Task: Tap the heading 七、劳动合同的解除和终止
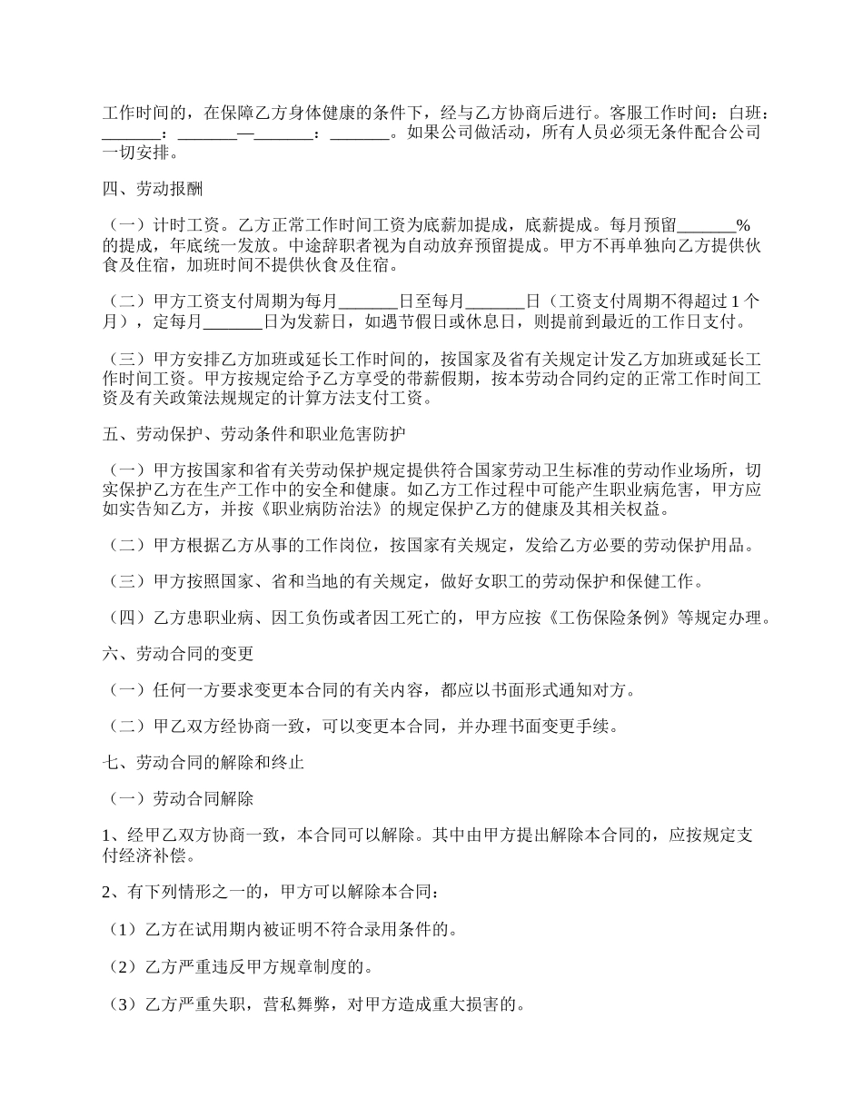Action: pos(203,763)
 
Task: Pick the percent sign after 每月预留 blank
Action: pos(742,225)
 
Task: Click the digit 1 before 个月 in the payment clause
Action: pos(735,301)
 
